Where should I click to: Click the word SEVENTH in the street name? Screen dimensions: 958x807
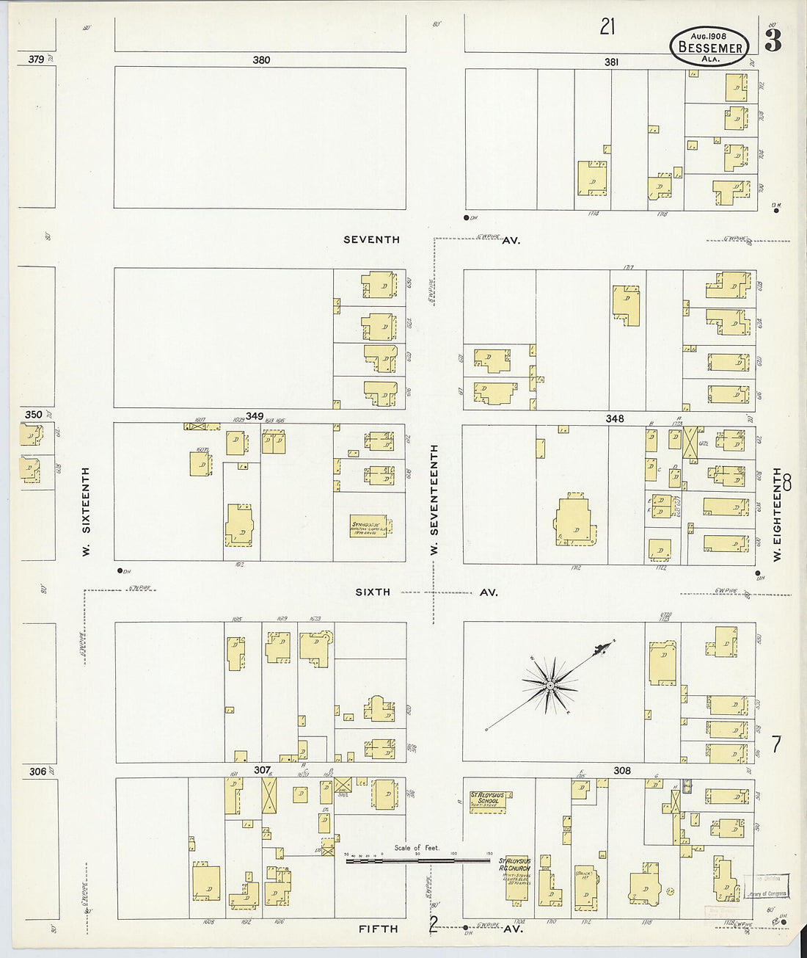coord(372,239)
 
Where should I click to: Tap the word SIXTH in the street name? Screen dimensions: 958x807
coord(373,592)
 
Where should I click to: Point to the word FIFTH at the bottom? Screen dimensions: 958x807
coord(378,929)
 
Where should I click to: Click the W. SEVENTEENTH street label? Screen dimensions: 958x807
coord(434,499)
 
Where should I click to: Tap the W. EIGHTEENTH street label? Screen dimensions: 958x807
coord(777,514)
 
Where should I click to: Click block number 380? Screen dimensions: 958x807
coord(261,60)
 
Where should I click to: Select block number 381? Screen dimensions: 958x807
coord(611,62)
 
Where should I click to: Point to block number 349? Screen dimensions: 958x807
coord(255,416)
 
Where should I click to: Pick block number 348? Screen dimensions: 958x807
coord(615,418)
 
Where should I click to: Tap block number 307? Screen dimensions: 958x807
coord(262,770)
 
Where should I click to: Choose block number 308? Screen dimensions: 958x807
coord(622,771)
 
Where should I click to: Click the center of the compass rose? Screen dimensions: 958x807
coord(549,686)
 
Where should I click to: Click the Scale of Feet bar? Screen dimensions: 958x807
coord(418,859)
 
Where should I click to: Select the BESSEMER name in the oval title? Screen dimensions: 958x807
coord(710,48)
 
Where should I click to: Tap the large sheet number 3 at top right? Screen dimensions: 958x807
coord(773,42)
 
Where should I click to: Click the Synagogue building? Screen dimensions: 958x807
coord(370,526)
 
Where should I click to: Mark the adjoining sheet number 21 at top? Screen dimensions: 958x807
coord(607,27)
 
